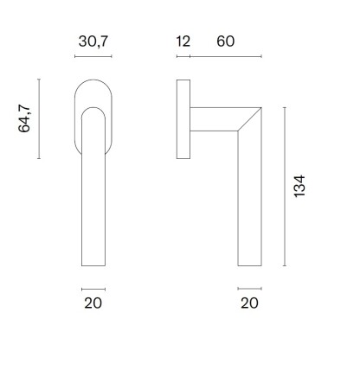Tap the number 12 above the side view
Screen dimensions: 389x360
[x=183, y=41]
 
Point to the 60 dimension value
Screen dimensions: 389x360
[x=225, y=41]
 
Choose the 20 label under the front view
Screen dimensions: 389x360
[x=93, y=303]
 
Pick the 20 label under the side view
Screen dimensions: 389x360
[x=249, y=303]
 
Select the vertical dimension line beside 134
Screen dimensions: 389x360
[x=285, y=186]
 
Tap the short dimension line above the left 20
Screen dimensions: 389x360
[x=93, y=289]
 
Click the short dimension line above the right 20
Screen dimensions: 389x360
[x=249, y=289]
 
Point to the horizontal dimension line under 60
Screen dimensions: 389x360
[x=225, y=57]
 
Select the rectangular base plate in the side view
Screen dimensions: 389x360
[x=183, y=120]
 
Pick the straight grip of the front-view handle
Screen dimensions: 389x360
[x=93, y=207]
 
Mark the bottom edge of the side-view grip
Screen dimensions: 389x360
[x=249, y=265]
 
